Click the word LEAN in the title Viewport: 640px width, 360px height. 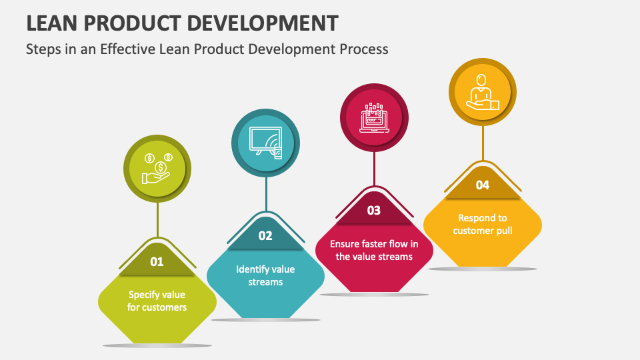click(52, 23)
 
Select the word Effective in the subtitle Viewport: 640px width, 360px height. click(128, 49)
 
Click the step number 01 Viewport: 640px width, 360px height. click(157, 261)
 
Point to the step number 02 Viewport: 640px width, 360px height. click(265, 236)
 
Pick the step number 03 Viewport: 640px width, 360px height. click(374, 211)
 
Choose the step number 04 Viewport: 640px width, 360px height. click(483, 185)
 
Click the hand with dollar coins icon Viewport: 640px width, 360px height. click(157, 169)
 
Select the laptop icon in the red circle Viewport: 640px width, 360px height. click(374, 117)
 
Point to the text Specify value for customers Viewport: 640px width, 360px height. click(157, 301)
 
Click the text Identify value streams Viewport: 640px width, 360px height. click(265, 275)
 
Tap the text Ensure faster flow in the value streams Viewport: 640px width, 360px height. click(374, 250)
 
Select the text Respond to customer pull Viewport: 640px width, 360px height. click(483, 225)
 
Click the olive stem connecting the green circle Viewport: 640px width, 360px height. click(157, 219)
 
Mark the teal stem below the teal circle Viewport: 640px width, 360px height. click(266, 194)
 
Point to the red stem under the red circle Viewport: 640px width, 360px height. click(374, 169)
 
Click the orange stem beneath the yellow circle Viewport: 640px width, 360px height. click(483, 143)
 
